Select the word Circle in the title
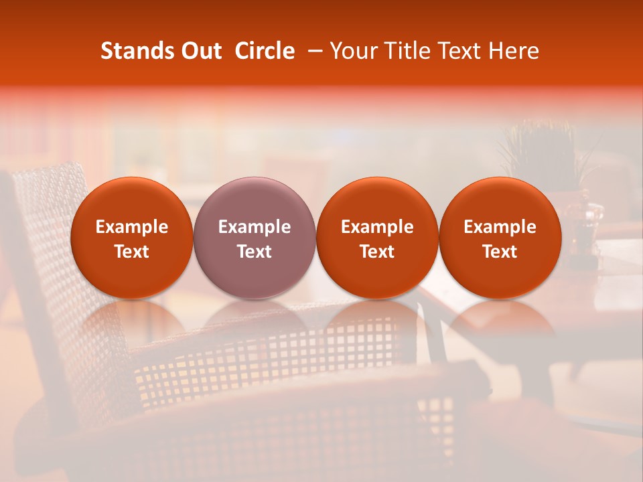[265, 51]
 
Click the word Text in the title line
[459, 51]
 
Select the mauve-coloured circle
[255, 238]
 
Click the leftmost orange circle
[132, 238]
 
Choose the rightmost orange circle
[500, 238]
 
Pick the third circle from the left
[377, 238]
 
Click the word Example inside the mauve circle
[255, 227]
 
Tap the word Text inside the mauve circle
[255, 252]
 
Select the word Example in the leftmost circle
[132, 227]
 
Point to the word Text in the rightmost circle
[500, 252]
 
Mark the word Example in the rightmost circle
[500, 227]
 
